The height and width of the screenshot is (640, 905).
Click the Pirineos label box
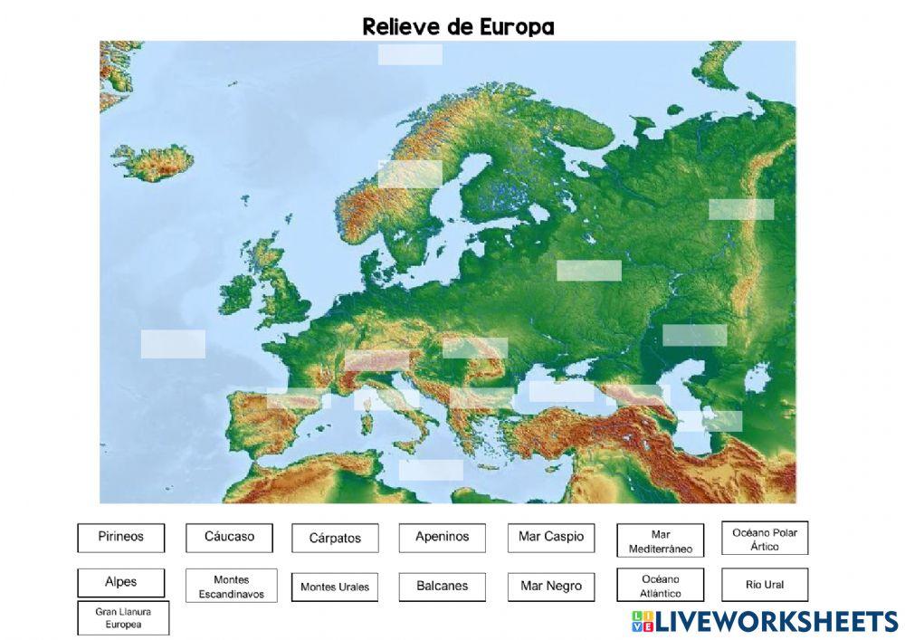[x=120, y=537]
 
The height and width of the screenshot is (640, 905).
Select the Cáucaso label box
[x=229, y=537]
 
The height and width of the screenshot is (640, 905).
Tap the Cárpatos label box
[x=335, y=538]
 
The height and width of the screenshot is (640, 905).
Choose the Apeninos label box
[x=442, y=537]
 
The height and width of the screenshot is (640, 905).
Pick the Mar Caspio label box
[x=550, y=537]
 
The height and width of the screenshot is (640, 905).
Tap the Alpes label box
[x=120, y=583]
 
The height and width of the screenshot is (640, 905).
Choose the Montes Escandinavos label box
[x=231, y=586]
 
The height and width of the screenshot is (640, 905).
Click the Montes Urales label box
[x=335, y=587]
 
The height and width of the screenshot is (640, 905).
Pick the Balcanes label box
[x=442, y=586]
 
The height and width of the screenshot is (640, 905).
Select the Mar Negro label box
[x=550, y=586]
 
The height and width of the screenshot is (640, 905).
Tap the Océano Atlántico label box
[x=660, y=586]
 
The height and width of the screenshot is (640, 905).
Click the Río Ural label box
[x=764, y=585]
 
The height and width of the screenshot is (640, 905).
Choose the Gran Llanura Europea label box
[x=123, y=618]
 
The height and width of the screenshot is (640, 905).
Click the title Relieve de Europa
[x=458, y=26]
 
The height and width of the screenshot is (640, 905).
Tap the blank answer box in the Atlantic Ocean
[x=173, y=344]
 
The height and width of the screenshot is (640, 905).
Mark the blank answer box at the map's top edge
[x=410, y=54]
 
